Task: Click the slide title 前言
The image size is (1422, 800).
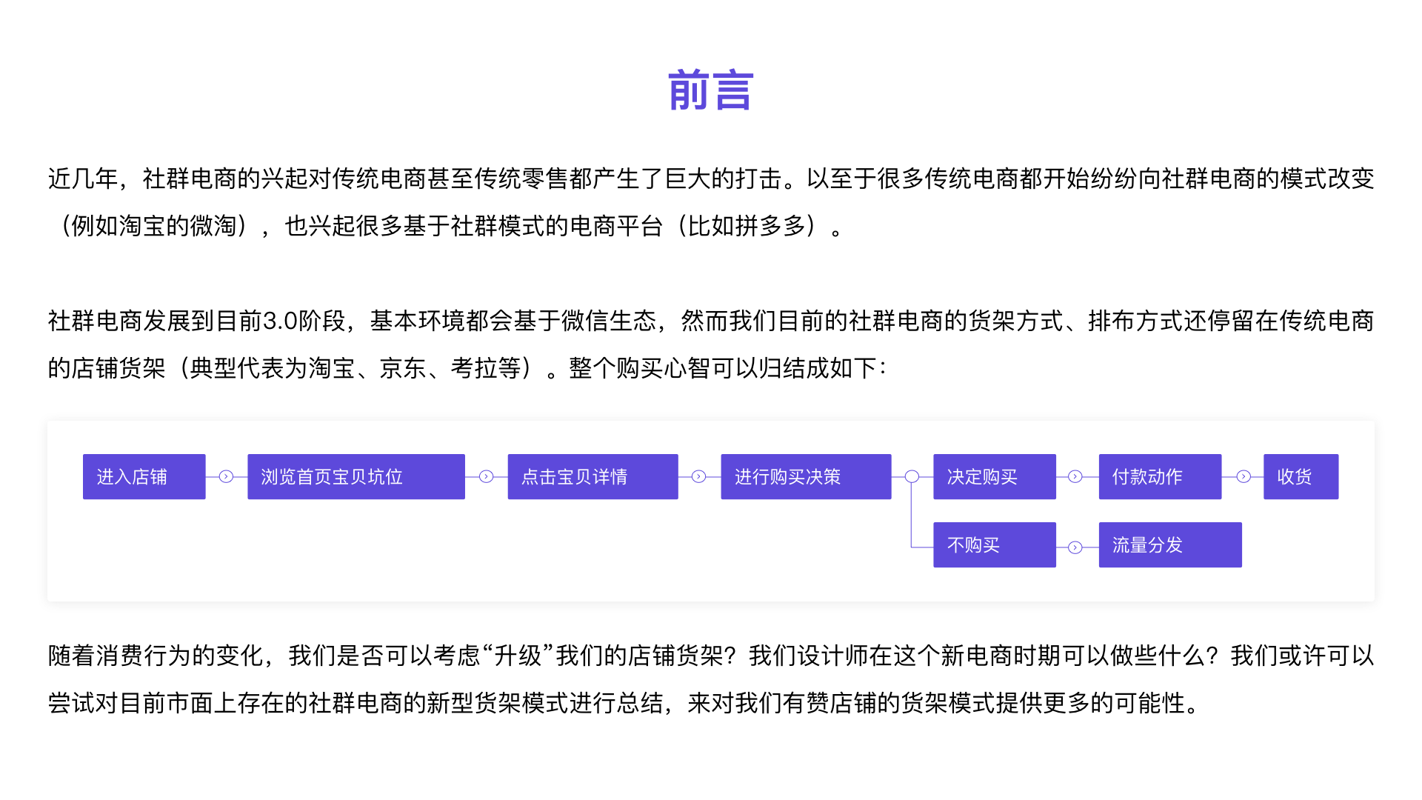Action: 710,90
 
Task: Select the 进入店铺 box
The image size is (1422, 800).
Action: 144,476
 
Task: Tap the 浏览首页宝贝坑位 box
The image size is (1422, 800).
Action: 355,476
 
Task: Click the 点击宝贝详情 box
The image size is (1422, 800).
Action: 592,476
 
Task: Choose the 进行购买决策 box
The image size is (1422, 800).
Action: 806,476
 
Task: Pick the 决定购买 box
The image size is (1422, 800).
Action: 994,476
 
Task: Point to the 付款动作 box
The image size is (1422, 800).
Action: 1160,476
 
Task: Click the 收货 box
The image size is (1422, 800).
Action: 1301,476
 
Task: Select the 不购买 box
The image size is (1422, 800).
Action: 994,544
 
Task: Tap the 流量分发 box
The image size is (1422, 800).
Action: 1169,544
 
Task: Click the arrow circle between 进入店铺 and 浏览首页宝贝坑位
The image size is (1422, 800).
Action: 226,476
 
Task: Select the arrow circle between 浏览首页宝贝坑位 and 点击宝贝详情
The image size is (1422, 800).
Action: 486,476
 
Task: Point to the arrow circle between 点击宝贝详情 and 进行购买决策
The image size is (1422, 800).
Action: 698,476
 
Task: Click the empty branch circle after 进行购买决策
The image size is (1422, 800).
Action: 912,476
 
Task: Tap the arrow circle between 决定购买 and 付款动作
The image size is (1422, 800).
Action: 1075,476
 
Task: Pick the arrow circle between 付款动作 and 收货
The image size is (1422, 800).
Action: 1244,476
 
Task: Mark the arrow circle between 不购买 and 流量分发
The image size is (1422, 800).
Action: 1075,547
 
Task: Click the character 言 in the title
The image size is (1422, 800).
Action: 733,90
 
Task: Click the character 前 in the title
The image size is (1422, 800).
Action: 688,90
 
